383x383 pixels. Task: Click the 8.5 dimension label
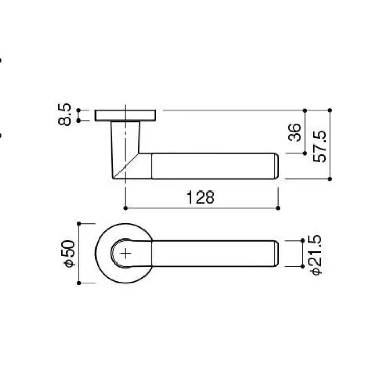65,114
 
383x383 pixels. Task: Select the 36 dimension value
294,132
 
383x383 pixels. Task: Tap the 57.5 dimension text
319,147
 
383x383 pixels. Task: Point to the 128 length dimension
201,197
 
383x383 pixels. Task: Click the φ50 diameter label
68,253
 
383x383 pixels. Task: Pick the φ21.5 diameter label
316,255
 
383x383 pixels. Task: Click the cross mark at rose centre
126,253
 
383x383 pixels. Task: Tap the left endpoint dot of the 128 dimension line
125,208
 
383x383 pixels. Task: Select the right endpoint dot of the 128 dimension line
278,208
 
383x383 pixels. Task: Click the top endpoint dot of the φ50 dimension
79,224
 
